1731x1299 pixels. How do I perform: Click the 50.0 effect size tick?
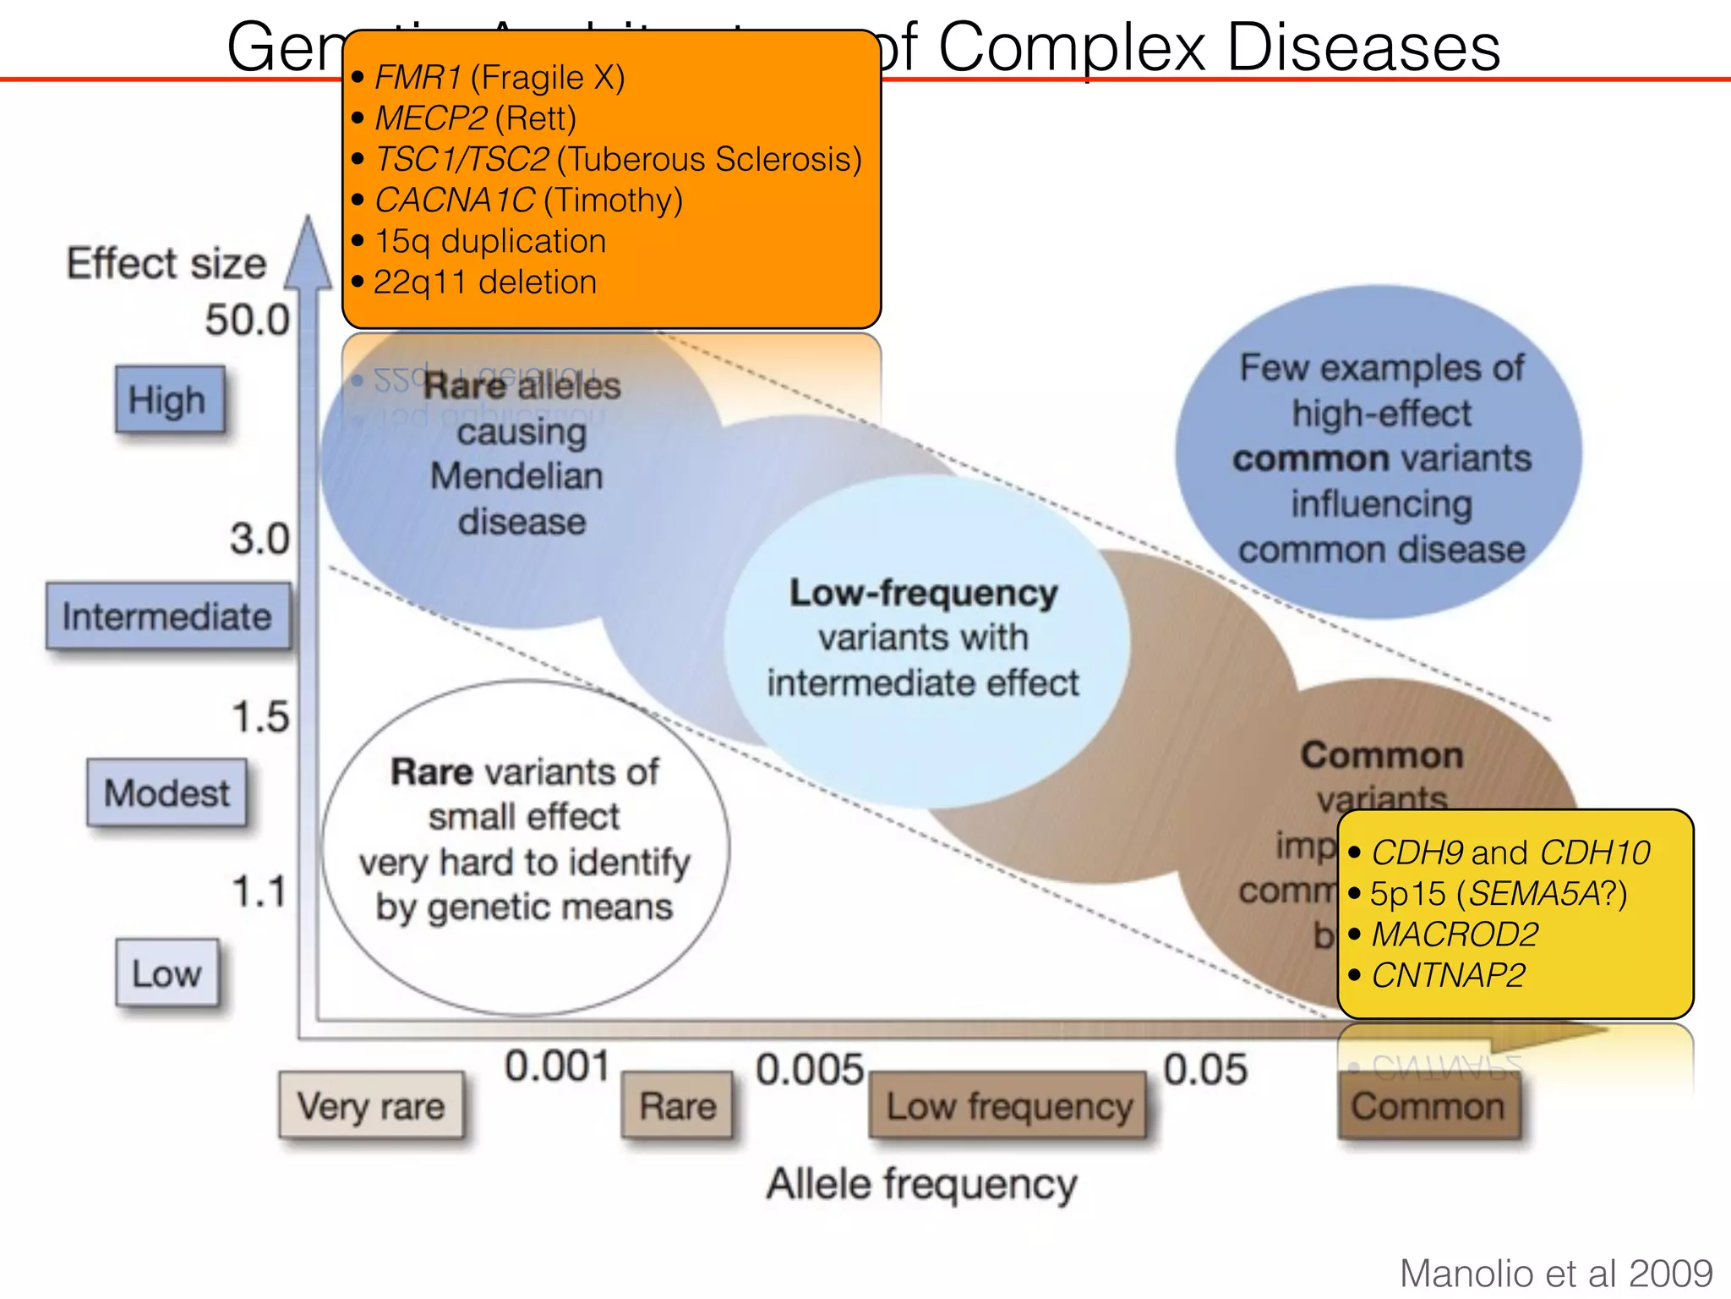click(247, 321)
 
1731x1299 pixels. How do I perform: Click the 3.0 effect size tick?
click(259, 539)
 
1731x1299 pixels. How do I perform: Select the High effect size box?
click(170, 400)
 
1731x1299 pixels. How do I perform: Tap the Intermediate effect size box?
click(167, 617)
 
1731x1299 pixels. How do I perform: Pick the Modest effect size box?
click(167, 793)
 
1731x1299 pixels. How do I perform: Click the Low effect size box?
click(167, 973)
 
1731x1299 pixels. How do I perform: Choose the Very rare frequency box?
click(371, 1105)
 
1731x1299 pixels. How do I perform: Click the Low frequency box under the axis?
click(1008, 1105)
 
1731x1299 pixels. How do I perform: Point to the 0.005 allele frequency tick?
click(810, 1070)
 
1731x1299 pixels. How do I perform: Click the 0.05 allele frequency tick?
click(1204, 1070)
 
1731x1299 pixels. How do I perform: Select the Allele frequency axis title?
click(921, 1183)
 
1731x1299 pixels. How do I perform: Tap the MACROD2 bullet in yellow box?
click(1454, 935)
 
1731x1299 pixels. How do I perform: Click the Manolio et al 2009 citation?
click(1555, 1273)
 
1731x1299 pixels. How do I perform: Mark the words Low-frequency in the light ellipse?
click(923, 593)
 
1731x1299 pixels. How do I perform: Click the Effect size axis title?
click(167, 263)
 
